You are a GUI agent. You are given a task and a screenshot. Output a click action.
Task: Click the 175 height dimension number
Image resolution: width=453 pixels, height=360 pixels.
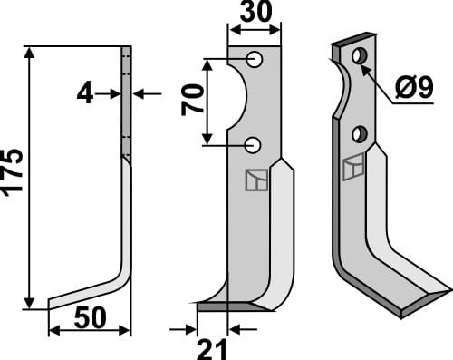(12, 172)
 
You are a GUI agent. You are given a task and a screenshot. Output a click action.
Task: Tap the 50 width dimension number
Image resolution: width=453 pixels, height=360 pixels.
(90, 317)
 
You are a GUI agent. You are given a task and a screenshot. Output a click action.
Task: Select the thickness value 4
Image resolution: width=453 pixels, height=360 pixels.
(85, 94)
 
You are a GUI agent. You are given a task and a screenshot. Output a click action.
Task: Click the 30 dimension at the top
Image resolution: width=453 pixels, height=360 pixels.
(255, 12)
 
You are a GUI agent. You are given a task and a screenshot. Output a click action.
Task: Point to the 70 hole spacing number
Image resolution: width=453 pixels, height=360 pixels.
(192, 100)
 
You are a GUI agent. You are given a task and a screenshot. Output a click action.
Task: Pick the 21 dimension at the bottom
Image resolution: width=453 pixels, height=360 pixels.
(211, 349)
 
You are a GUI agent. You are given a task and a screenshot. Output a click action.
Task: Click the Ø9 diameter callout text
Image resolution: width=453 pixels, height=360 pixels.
(414, 87)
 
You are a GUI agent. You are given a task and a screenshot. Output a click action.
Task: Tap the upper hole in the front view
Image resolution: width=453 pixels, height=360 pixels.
(255, 59)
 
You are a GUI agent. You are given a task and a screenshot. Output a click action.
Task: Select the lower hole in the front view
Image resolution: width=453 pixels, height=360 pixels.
(253, 145)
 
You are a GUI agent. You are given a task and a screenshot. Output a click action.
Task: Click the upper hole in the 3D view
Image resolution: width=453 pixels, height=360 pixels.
(360, 56)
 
